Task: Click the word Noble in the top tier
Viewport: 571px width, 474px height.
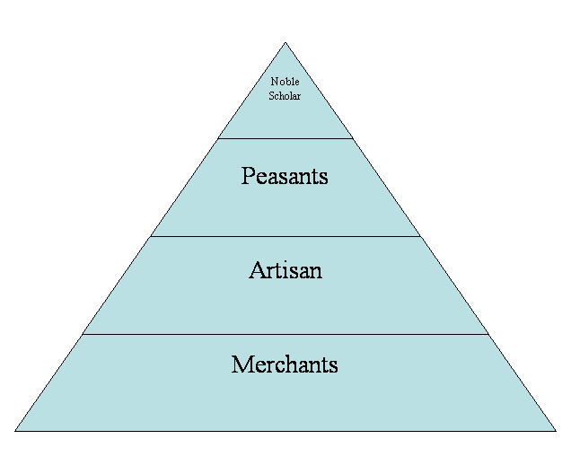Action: click(x=285, y=83)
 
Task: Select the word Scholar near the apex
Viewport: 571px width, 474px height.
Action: click(x=285, y=96)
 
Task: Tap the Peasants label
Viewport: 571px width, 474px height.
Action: click(x=285, y=176)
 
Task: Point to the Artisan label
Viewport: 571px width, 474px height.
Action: click(x=285, y=270)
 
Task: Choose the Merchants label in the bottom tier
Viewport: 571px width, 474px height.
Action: click(x=285, y=364)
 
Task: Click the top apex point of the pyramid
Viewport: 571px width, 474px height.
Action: click(x=285, y=43)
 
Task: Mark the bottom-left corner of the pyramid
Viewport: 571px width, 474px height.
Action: click(x=16, y=430)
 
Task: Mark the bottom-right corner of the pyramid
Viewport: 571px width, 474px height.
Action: click(x=554, y=430)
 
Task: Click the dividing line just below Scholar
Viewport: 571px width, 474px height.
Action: click(x=285, y=138)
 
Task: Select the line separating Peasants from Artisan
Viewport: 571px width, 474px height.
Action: click(x=285, y=236)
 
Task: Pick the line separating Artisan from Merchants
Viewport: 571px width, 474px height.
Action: click(x=285, y=334)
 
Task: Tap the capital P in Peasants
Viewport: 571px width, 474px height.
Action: click(x=247, y=176)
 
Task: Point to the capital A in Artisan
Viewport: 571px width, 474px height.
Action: click(x=256, y=270)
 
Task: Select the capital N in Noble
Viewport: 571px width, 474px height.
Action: click(x=274, y=83)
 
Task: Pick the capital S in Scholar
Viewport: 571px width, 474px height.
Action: click(x=271, y=96)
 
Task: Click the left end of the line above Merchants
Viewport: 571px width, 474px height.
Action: click(x=83, y=334)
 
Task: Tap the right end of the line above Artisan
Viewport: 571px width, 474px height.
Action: click(x=419, y=236)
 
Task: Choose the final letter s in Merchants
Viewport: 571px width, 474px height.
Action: click(x=333, y=365)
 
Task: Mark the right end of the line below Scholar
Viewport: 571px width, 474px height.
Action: click(x=351, y=138)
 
